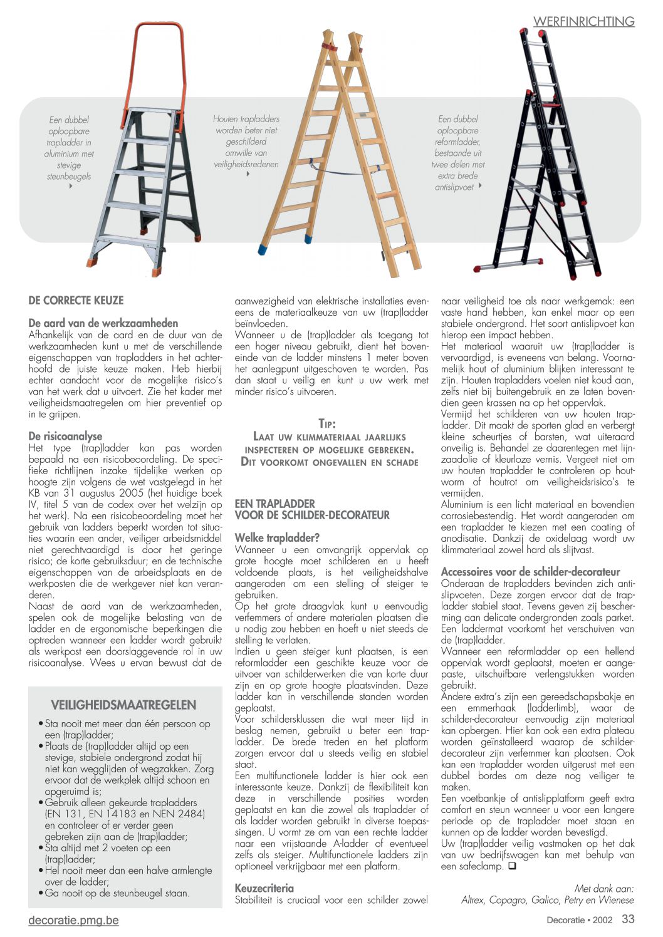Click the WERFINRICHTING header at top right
tap(583, 21)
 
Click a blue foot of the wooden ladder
tap(308, 239)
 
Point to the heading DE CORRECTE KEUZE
tap(76, 300)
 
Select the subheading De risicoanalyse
tap(65, 436)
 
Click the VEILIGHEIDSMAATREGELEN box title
tap(123, 705)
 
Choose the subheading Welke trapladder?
tap(277, 537)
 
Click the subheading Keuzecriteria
tap(264, 888)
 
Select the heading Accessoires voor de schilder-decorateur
tap(530, 571)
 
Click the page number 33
tap(628, 919)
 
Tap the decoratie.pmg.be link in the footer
tap(73, 920)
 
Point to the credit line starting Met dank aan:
tap(604, 888)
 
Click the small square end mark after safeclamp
tap(511, 867)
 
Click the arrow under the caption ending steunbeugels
tap(71, 186)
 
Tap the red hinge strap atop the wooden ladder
tap(328, 48)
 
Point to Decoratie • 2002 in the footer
tap(579, 920)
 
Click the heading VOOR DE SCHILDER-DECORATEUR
tap(312, 515)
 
